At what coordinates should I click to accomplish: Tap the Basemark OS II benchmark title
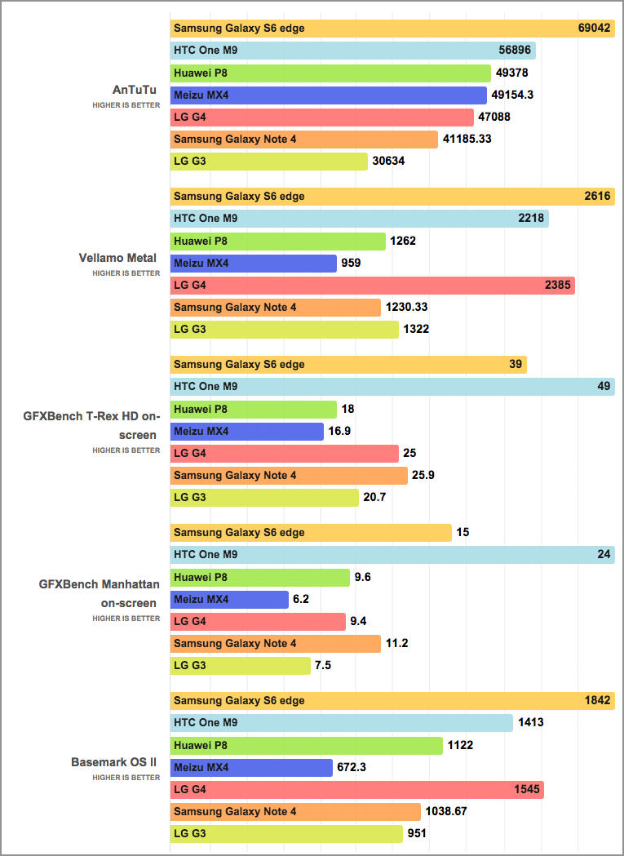[113, 762]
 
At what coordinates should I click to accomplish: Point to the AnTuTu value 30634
[388, 162]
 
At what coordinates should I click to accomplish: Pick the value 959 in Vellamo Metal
[352, 264]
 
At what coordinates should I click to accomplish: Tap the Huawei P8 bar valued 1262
[278, 242]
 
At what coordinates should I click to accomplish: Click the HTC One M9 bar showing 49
[392, 387]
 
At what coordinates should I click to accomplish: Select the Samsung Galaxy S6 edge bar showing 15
[311, 533]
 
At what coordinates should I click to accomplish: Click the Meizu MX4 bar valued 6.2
[229, 600]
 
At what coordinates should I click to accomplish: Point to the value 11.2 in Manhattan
[397, 644]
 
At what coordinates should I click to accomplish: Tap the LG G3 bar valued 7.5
[241, 666]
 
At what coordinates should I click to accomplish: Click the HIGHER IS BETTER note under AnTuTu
[126, 105]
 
